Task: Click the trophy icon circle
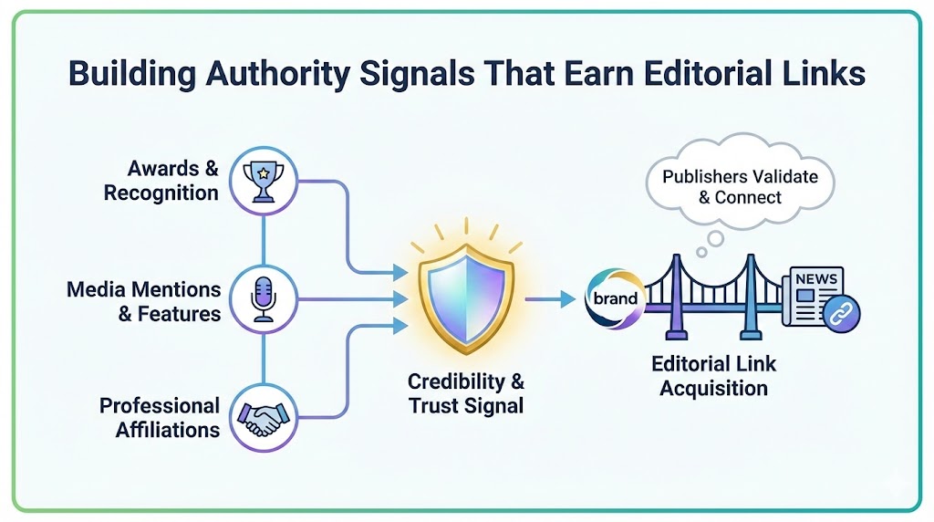pyautogui.click(x=264, y=179)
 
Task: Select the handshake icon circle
pyautogui.click(x=263, y=415)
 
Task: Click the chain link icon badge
pyautogui.click(x=838, y=312)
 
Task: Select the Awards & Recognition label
pyautogui.click(x=161, y=181)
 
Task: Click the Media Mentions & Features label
pyautogui.click(x=144, y=301)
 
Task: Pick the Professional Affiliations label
pyautogui.click(x=160, y=417)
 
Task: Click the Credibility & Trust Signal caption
pyautogui.click(x=466, y=393)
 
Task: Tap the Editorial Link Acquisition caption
pyautogui.click(x=713, y=376)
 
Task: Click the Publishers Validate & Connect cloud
pyautogui.click(x=740, y=186)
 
